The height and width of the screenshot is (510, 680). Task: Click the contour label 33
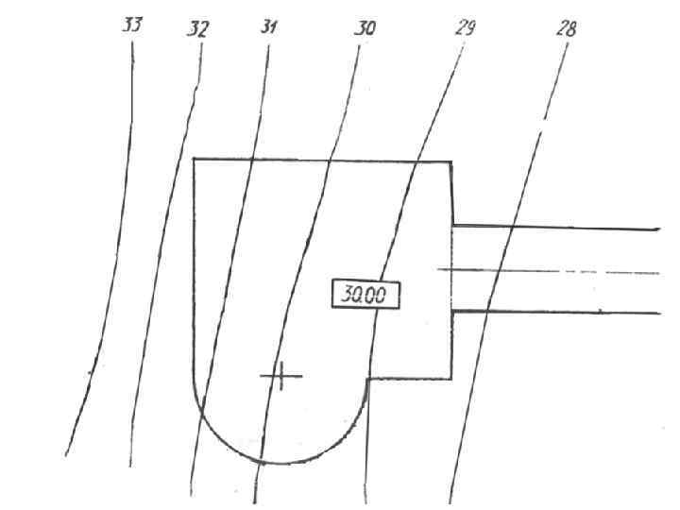[x=132, y=25]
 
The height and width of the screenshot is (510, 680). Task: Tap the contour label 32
[x=197, y=29]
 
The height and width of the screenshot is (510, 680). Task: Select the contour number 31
[x=269, y=27]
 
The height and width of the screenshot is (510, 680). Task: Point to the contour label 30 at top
[x=365, y=28]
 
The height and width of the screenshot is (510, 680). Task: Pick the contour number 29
[x=465, y=27]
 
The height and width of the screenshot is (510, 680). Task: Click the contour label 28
[x=567, y=28]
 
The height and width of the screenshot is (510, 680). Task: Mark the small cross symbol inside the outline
[x=280, y=376]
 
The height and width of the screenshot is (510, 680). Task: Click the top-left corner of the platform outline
[x=194, y=160]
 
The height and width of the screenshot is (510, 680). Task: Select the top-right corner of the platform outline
[x=450, y=161]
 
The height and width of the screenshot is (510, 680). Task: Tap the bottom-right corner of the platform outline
[x=451, y=378]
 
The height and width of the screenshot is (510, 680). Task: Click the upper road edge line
[x=567, y=228]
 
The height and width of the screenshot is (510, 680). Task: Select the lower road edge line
[x=567, y=311]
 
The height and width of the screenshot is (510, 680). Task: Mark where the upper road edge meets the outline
[x=453, y=226]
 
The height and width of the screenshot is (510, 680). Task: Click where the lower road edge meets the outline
[x=452, y=310]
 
